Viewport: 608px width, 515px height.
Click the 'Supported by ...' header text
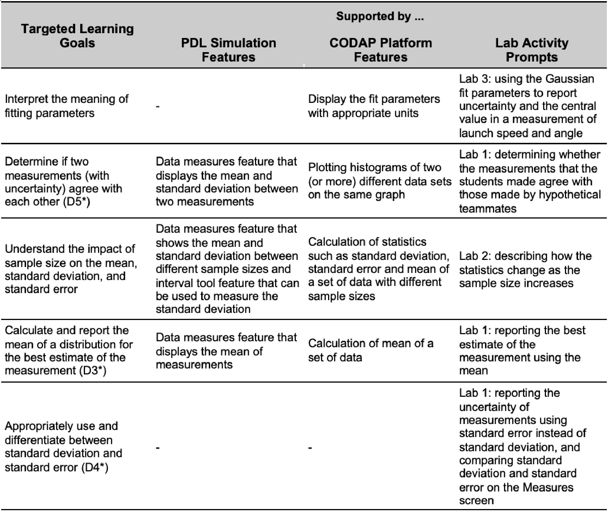379,16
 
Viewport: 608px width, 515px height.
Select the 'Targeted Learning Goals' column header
77,36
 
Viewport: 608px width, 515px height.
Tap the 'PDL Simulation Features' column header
228,50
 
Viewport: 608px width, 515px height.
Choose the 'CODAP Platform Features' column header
380,50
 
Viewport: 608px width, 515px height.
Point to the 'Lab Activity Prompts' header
532,50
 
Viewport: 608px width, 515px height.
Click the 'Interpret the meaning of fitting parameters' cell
67,106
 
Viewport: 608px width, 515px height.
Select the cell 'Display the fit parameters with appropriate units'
374,106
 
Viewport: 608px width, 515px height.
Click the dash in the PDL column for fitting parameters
158,107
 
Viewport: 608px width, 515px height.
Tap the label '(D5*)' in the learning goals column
76,202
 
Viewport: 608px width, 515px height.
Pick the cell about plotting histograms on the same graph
379,181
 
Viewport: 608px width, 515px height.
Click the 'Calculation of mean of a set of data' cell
371,350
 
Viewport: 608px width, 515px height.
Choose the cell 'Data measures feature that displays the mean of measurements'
226,351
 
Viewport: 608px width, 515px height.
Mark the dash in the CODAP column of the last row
310,448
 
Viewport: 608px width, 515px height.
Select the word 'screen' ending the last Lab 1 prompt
476,500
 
